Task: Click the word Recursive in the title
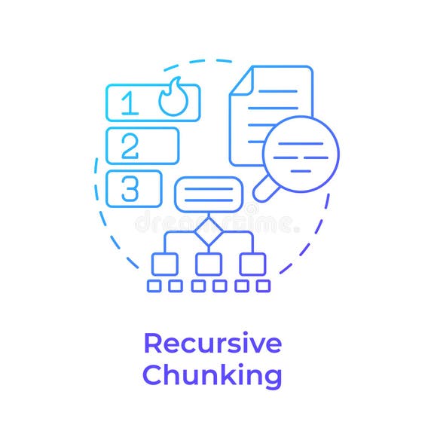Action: point(212,343)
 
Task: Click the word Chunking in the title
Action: point(212,374)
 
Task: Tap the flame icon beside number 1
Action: point(173,98)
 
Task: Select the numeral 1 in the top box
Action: point(130,102)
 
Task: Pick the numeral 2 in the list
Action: point(130,145)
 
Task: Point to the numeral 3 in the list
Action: point(130,188)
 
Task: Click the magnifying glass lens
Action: point(301,154)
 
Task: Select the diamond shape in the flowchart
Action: point(209,231)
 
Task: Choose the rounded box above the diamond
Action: point(209,194)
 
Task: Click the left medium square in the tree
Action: point(164,264)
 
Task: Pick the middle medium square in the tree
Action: point(209,264)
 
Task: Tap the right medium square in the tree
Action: point(252,264)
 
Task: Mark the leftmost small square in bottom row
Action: point(154,286)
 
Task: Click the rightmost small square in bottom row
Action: point(263,286)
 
